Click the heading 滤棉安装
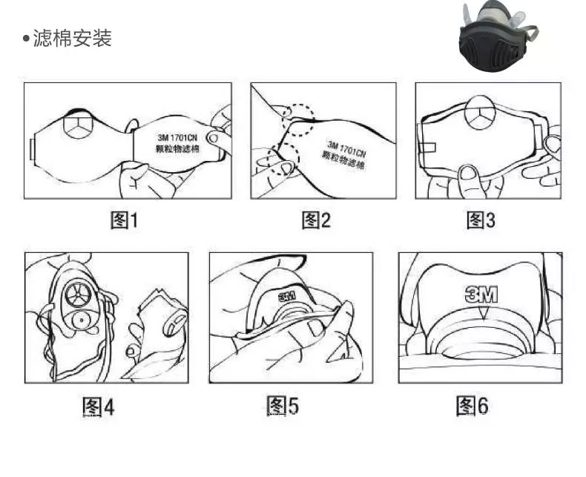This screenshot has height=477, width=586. coord(73,38)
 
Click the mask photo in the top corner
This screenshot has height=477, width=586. coord(498,35)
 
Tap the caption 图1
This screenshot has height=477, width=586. coord(125,220)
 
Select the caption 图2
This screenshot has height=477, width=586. coord(316,220)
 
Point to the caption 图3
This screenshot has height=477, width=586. coord(481,220)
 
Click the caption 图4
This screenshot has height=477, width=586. coord(99,407)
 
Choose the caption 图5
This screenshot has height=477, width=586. coord(283,406)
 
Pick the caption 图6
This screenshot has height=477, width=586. coord(473,406)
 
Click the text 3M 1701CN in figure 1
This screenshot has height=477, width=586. coord(177,137)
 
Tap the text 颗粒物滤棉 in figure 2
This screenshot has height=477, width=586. coord(343,160)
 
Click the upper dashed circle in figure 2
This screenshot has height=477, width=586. coord(299,119)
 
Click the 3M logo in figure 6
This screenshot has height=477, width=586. coord(481,295)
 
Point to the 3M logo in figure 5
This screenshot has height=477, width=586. coord(287,297)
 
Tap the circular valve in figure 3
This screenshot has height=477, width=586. coord(481,113)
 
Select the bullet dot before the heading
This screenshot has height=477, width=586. coord(26,38)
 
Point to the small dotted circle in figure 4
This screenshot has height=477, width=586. coord(81,320)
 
